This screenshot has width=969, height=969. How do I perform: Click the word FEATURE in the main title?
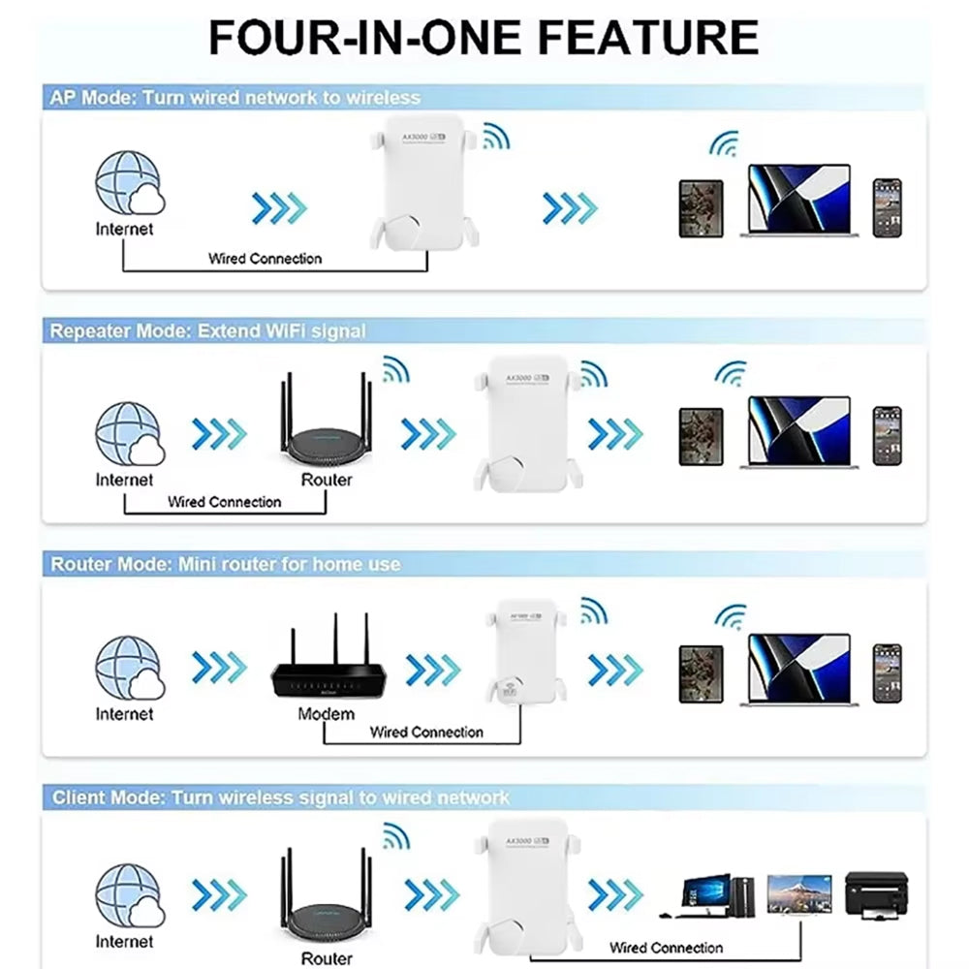pyautogui.click(x=645, y=36)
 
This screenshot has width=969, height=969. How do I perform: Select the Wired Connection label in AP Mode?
pyautogui.click(x=265, y=259)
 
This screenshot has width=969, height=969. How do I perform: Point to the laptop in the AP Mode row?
pyautogui.click(x=798, y=201)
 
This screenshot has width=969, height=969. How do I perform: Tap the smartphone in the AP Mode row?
pyautogui.click(x=887, y=206)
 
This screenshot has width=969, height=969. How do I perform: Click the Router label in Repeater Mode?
pyautogui.click(x=327, y=480)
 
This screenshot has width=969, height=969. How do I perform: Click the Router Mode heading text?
pyautogui.click(x=225, y=564)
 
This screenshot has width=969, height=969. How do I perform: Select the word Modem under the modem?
pyautogui.click(x=326, y=714)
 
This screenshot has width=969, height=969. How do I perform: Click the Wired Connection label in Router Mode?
pyautogui.click(x=426, y=733)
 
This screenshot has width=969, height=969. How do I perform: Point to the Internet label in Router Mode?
pyautogui.click(x=124, y=714)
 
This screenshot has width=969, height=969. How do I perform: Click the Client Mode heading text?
pyautogui.click(x=280, y=797)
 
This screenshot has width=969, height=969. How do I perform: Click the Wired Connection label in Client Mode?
pyautogui.click(x=666, y=948)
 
